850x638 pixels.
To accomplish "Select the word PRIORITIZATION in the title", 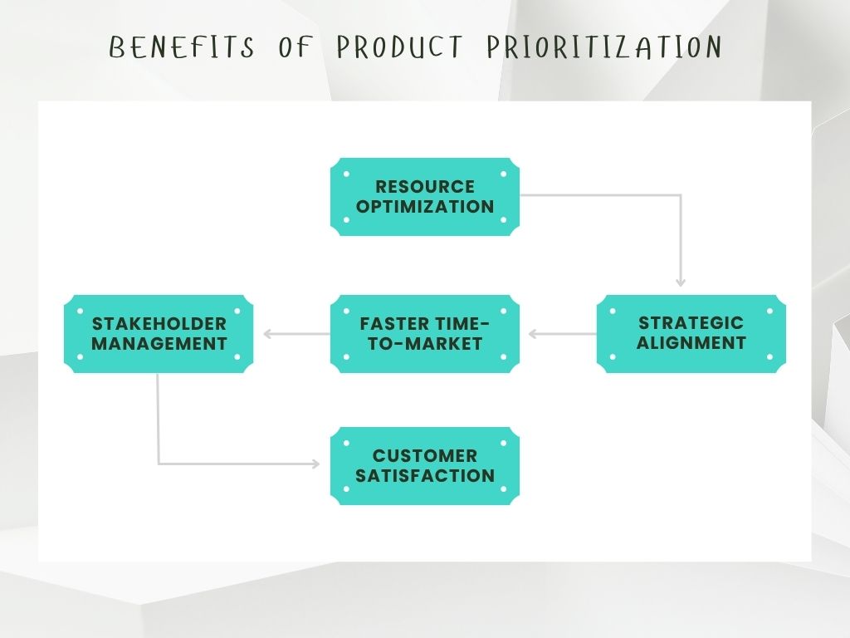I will (603, 47).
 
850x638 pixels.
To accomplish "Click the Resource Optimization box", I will (425, 197).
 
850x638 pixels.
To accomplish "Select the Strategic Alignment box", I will (691, 333).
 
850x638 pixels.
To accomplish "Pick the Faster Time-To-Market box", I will (425, 333).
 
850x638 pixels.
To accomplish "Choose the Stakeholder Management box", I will (159, 333).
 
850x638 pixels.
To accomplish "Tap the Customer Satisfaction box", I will (425, 466).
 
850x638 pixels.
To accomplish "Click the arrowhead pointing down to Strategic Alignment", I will (681, 282).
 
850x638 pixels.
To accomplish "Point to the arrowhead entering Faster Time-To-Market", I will (533, 334).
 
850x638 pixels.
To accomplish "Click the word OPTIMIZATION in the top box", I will (425, 207).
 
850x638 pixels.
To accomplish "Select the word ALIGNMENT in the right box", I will (691, 343).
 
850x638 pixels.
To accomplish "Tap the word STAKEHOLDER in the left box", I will (159, 323).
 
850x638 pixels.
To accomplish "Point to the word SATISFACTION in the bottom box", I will (425, 476).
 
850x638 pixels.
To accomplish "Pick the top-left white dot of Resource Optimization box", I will (346, 174).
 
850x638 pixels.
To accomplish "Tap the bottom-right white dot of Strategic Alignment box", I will (769, 356).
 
